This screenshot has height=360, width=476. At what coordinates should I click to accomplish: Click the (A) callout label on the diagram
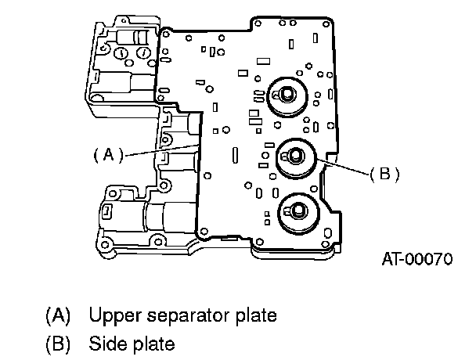pos(109,155)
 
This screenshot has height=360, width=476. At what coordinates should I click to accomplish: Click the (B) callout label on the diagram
pos(384,175)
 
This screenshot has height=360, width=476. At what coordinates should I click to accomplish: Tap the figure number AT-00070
pos(417,260)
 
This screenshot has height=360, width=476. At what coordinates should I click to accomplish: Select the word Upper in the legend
pos(116,316)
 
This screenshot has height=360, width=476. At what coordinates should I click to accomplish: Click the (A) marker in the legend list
pos(58,315)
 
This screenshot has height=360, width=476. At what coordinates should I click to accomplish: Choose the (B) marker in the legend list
pos(58,344)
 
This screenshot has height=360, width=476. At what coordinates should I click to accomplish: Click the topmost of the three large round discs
pos(287,96)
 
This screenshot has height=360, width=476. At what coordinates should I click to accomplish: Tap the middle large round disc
pos(296,158)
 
